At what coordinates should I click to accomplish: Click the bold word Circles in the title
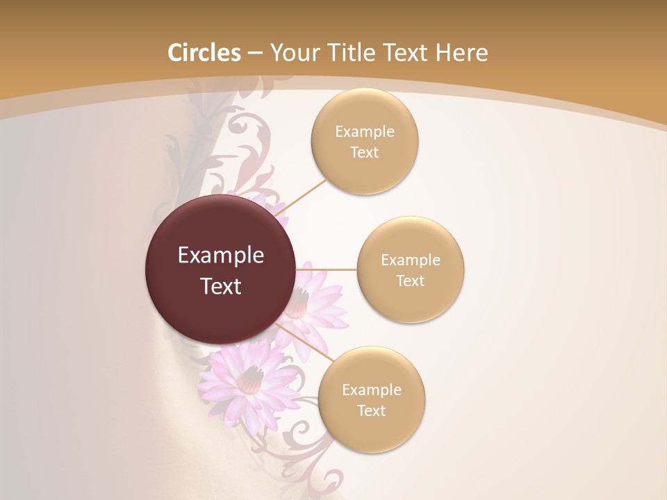coord(204,53)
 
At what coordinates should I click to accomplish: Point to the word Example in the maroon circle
coord(221,256)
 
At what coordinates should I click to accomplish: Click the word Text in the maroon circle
coord(221,286)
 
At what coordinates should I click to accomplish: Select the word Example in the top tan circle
coord(364,132)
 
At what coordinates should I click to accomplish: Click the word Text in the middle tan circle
coord(410,281)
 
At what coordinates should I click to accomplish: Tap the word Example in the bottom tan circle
coord(371,390)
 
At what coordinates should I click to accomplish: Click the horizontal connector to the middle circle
coord(327,269)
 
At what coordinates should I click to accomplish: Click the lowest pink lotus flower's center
coord(251,378)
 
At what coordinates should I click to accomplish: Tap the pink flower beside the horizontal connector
coord(316,306)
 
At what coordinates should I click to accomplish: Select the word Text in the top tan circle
coord(364,153)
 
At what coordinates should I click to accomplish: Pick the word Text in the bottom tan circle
coord(371,411)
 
